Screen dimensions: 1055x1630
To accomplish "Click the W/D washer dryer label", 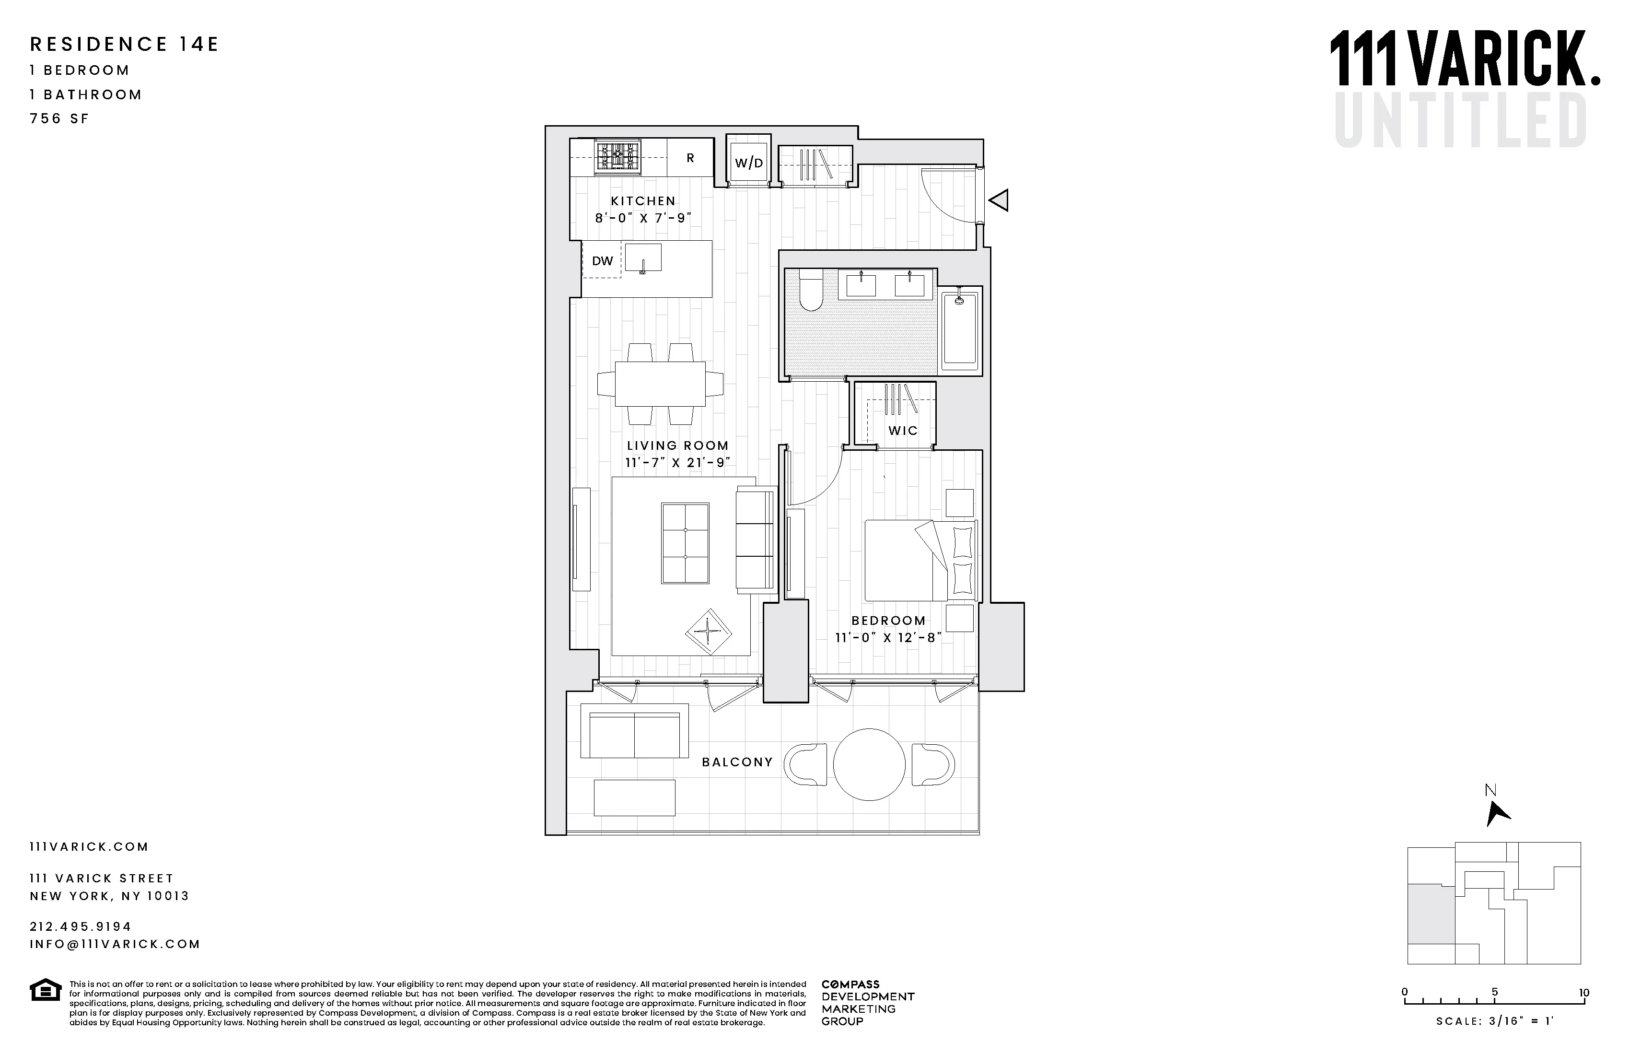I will pos(748,163).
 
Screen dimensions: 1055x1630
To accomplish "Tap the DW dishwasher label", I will pos(602,261).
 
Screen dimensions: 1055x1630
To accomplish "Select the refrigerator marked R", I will pos(690,158).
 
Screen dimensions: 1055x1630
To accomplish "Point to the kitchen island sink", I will pos(643,258).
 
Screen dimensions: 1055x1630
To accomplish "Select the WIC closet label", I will pos(903,431).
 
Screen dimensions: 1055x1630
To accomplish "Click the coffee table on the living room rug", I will pos(685,543).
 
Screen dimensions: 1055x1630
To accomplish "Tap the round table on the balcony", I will pos(869,764).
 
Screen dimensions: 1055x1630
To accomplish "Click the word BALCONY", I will pos(737,762).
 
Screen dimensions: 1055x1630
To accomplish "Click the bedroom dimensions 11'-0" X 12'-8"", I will pos(888,638).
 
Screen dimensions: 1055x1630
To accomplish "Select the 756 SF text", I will pos(59,118).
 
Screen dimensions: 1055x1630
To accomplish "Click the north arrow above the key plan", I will pos(1497,814).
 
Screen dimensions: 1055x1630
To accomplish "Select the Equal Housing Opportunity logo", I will pos(45,990).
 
